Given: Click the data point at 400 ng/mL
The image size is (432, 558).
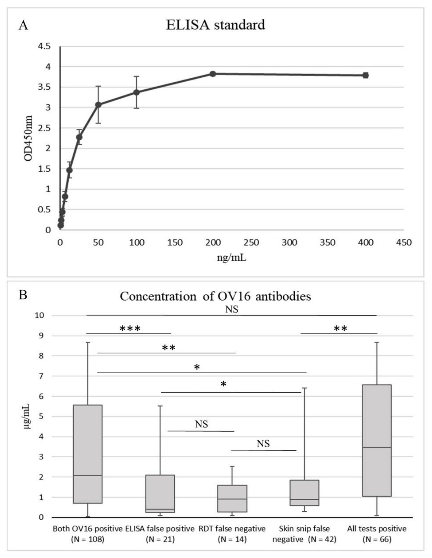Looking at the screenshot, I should pyautogui.click(x=366, y=75).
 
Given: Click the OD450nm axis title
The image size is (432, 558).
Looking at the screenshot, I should pyautogui.click(x=28, y=138).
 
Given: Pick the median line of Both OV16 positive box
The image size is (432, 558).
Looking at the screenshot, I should pyautogui.click(x=88, y=476).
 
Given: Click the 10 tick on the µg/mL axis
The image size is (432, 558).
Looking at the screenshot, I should pyautogui.click(x=40, y=315).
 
